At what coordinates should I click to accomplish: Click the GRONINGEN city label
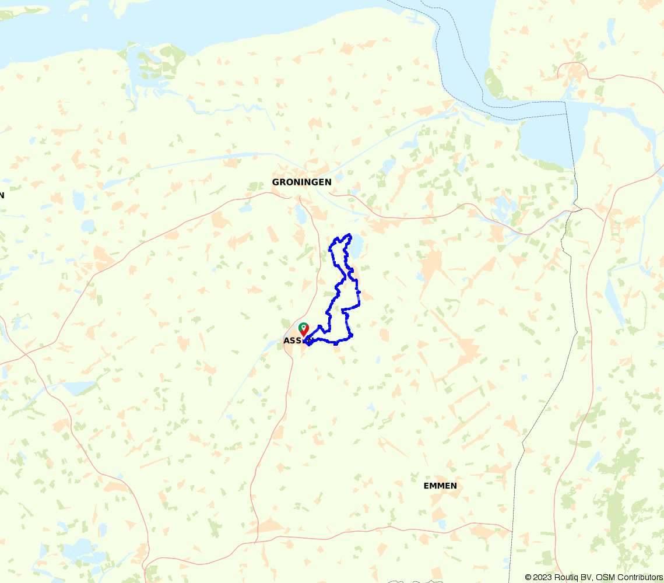(301, 182)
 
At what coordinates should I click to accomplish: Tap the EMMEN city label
(440, 486)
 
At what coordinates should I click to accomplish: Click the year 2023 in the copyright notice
(544, 577)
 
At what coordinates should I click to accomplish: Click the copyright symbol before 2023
(528, 577)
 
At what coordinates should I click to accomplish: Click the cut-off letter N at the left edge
(2, 195)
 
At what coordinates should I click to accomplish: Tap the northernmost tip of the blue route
(349, 235)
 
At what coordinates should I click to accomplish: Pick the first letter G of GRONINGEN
(276, 182)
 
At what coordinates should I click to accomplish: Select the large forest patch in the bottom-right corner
(618, 513)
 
